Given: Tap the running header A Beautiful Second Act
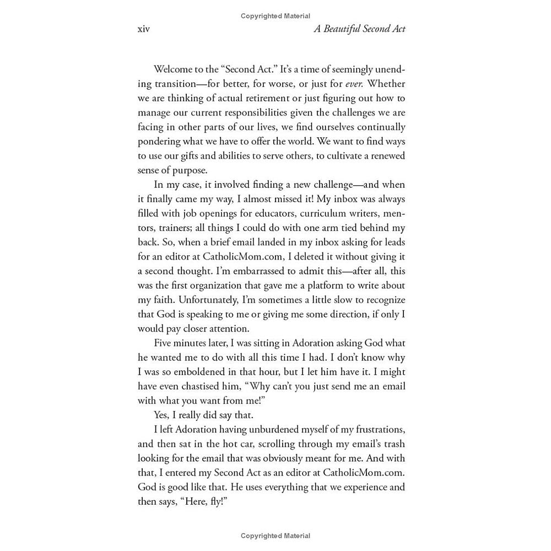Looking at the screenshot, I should click(359, 29).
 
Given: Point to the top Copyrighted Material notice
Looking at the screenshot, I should click(275, 16).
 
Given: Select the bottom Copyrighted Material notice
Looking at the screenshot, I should click(275, 536).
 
